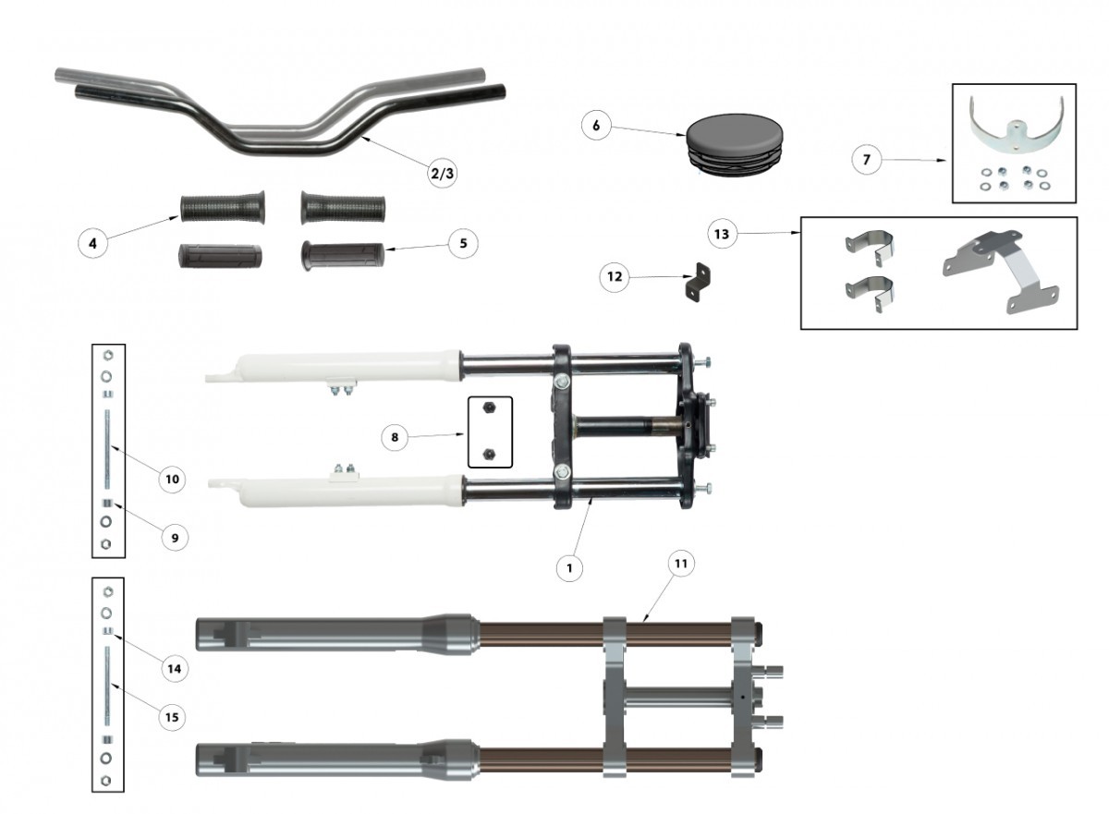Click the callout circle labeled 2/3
[442, 173]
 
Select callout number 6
[596, 125]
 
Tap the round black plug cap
[734, 144]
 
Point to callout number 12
[615, 276]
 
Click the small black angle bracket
[698, 282]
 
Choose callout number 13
[722, 234]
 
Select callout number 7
[867, 159]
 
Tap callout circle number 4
[92, 243]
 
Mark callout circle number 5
[463, 243]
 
